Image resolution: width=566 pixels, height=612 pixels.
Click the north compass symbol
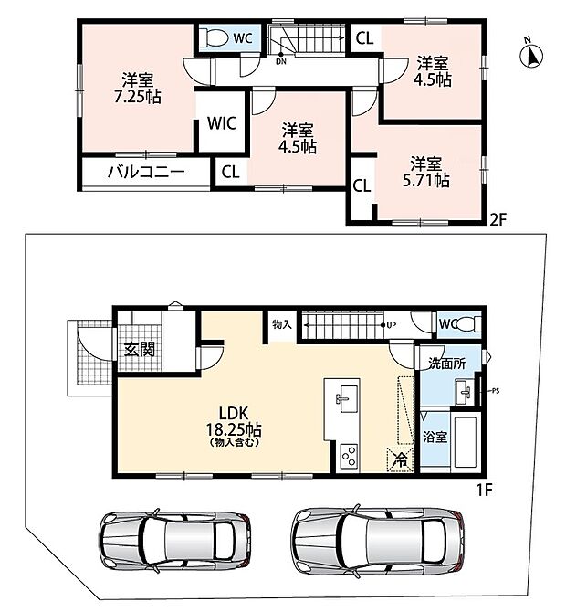point(531,55)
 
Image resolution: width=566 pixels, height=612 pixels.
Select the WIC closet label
point(222,123)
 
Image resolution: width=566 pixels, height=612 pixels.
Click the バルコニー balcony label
point(146,172)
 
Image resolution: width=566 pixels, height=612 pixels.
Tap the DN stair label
point(281,62)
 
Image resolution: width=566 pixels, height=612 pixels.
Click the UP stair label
point(392,325)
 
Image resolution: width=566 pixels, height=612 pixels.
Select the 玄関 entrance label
point(140,349)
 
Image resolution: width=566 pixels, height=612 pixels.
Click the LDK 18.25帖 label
point(234,426)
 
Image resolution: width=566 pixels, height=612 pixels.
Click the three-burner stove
point(349,457)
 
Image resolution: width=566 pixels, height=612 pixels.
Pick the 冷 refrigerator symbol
point(400,459)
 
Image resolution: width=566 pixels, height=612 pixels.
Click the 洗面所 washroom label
point(446,364)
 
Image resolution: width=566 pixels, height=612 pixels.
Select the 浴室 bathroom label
point(435,437)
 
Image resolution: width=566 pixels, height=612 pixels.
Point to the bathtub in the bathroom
point(466,442)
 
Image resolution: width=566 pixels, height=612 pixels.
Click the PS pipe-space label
point(495,391)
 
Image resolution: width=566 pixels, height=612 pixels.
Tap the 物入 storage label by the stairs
point(282,324)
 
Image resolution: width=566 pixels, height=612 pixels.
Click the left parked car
point(175,542)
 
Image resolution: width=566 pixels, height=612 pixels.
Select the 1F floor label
point(485,490)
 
